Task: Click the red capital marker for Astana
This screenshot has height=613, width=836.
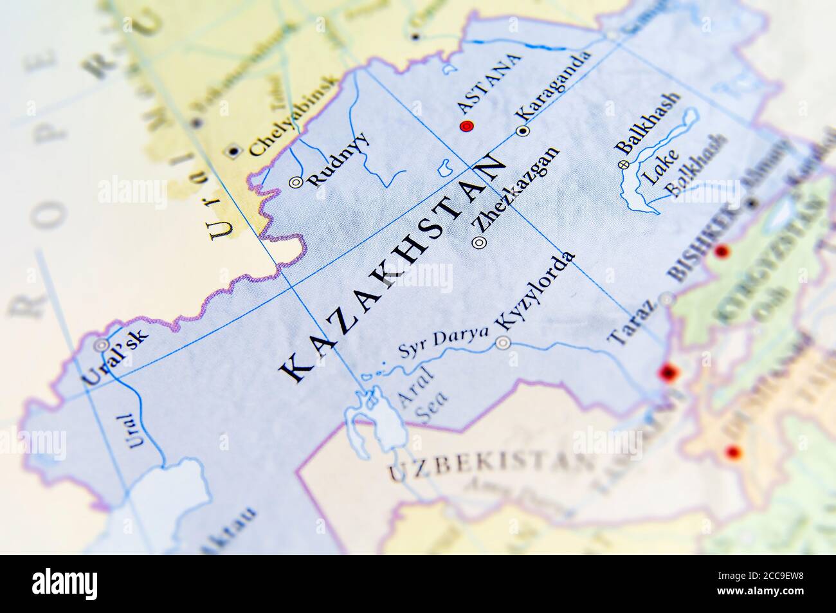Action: point(467,126)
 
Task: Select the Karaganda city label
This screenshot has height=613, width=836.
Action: point(554,86)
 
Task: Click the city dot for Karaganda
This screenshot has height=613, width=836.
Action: point(523,131)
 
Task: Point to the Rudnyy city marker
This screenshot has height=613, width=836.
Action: point(296,182)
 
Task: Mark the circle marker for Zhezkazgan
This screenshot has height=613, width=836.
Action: point(479,242)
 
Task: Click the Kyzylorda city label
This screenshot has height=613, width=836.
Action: point(536,291)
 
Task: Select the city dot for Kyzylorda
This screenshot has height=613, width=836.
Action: point(503,343)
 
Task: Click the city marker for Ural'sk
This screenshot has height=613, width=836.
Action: point(101,345)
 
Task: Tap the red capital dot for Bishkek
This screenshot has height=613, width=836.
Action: point(722,251)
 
